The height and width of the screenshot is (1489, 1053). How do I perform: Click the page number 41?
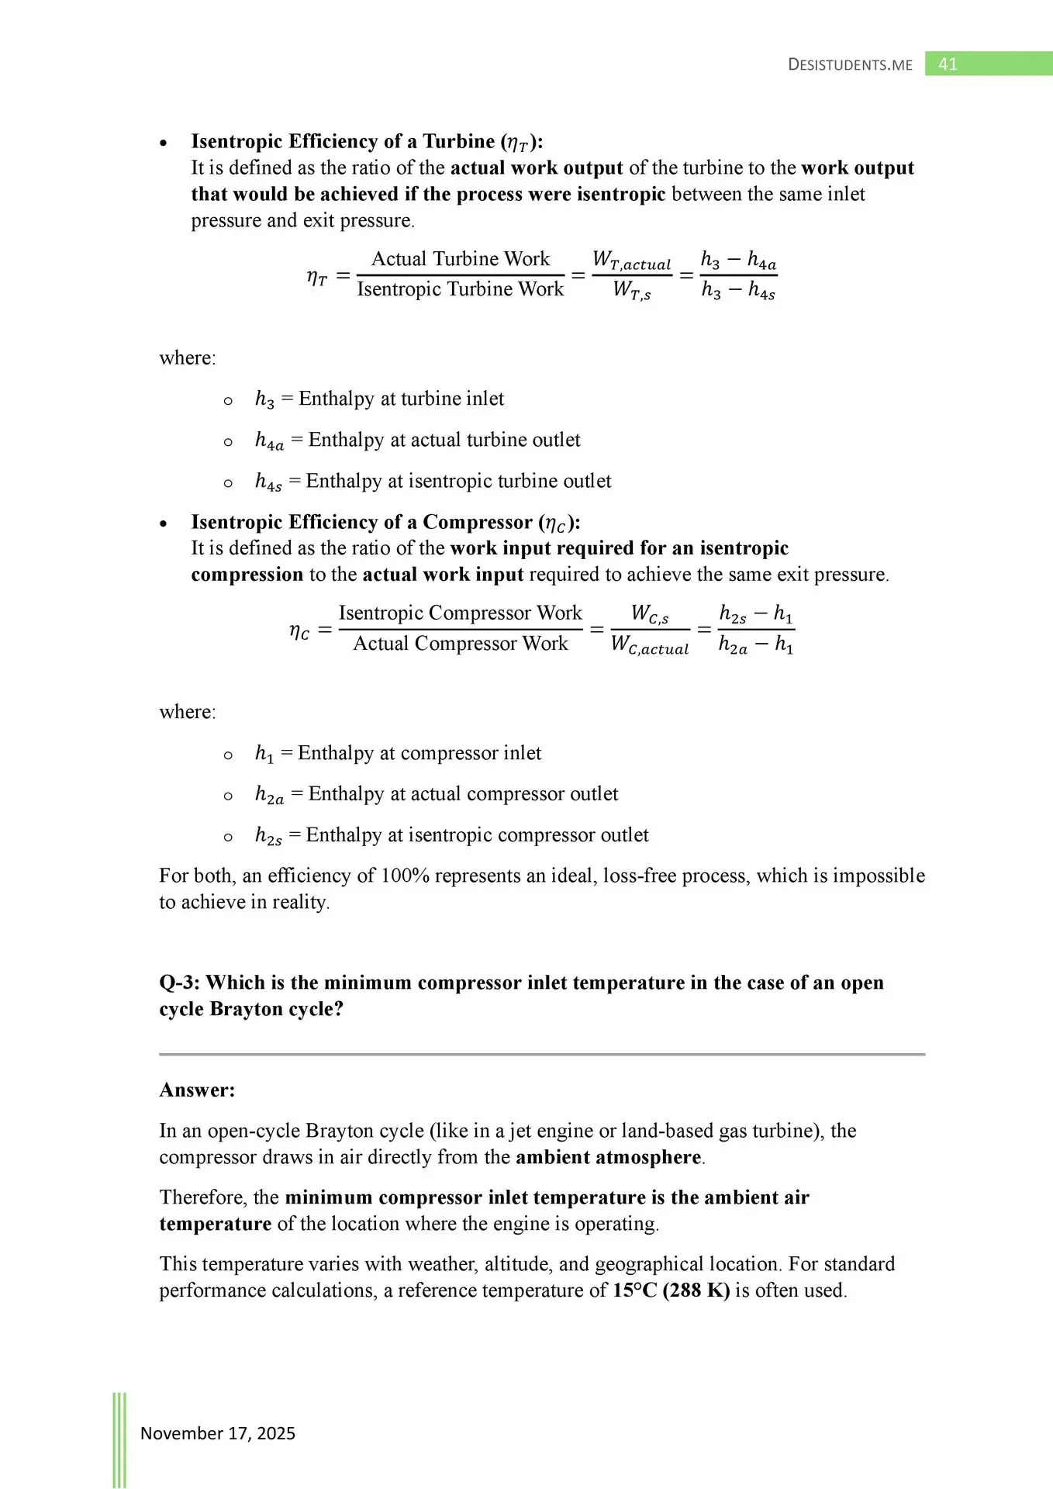pyautogui.click(x=948, y=64)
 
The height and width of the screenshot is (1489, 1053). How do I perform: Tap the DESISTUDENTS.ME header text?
pyautogui.click(x=850, y=65)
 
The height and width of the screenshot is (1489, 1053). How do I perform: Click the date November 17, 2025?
pyautogui.click(x=218, y=1433)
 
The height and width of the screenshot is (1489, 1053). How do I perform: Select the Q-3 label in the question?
pyautogui.click(x=179, y=983)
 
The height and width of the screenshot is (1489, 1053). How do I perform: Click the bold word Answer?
pyautogui.click(x=197, y=1090)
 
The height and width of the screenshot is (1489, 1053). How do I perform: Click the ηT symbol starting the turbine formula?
pyautogui.click(x=317, y=277)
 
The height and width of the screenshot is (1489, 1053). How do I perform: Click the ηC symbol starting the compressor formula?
pyautogui.click(x=299, y=631)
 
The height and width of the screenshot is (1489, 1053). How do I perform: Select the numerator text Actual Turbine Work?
pyautogui.click(x=461, y=258)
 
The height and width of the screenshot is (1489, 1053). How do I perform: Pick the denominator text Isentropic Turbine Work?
pyautogui.click(x=461, y=289)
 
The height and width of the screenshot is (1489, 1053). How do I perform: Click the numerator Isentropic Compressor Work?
pyautogui.click(x=461, y=613)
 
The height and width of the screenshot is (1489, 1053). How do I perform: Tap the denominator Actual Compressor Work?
pyautogui.click(x=461, y=644)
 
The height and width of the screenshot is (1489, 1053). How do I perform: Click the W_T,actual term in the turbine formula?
pyautogui.click(x=631, y=261)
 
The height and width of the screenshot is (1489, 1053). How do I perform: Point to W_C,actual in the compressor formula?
pyautogui.click(x=650, y=645)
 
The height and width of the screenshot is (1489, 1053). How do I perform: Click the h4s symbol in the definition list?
pyautogui.click(x=268, y=482)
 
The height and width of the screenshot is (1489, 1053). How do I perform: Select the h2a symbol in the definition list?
pyautogui.click(x=269, y=795)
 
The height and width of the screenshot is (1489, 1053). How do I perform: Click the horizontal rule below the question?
pyautogui.click(x=542, y=1055)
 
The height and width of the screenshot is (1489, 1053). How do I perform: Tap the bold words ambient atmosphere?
pyautogui.click(x=609, y=1157)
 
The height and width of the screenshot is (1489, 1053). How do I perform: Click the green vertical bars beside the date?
pyautogui.click(x=119, y=1439)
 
